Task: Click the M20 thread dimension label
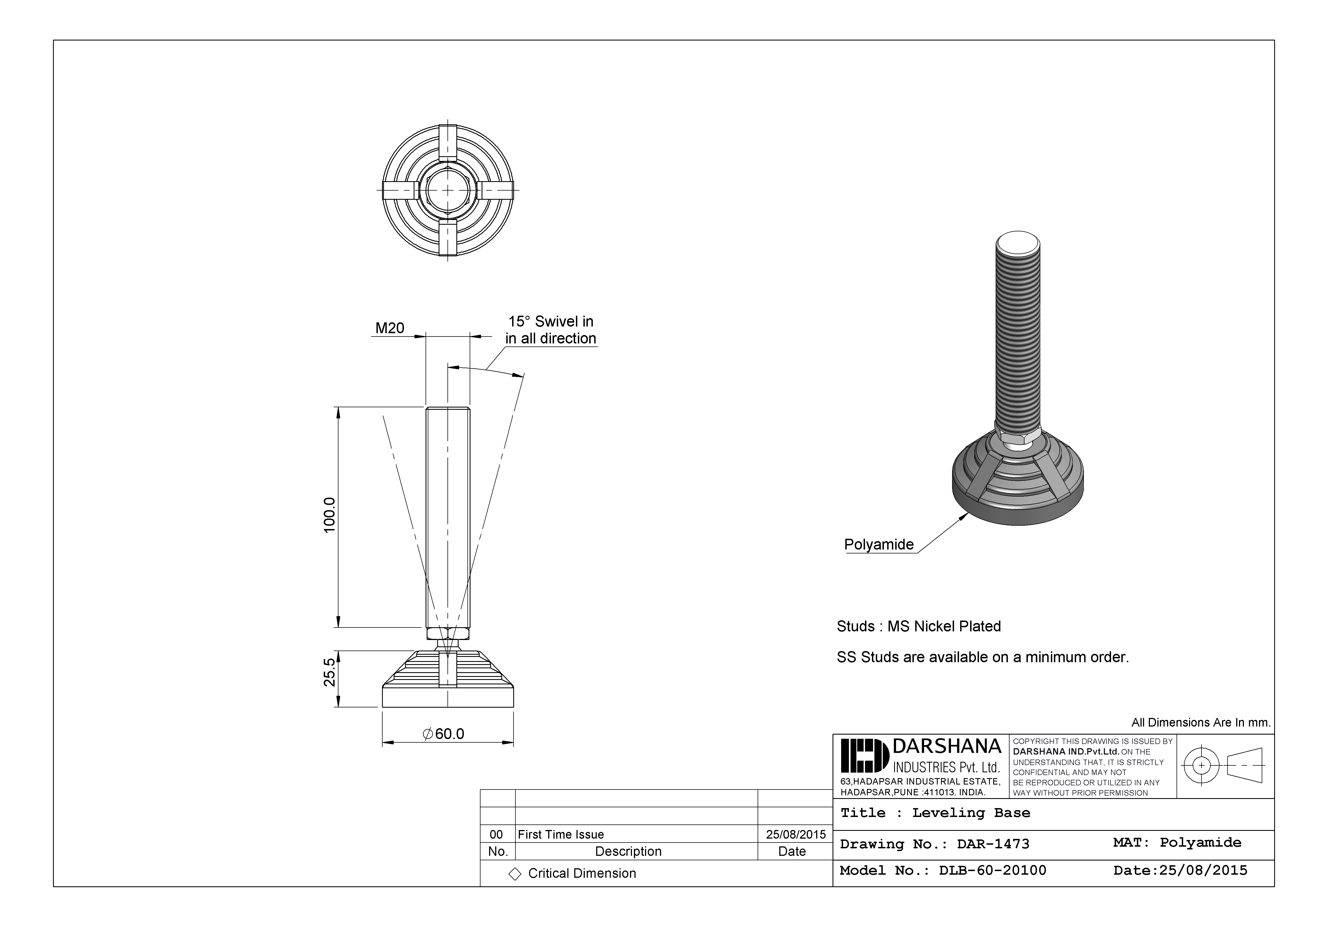click(390, 328)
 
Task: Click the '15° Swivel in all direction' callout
click(551, 330)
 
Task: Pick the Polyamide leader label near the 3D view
click(879, 544)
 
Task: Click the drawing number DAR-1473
click(993, 844)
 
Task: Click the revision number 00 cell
click(496, 834)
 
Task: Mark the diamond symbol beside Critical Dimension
click(514, 873)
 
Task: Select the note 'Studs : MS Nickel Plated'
click(919, 626)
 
